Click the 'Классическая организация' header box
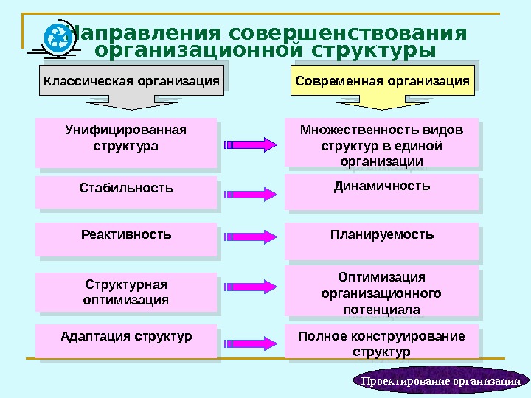pos(132,80)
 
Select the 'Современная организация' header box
pos(382,80)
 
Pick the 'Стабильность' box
pos(126,192)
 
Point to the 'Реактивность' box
pos(126,239)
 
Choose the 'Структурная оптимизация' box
pos(126,293)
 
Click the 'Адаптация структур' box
pos(126,341)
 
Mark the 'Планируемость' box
pos(381,240)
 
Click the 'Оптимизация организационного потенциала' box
pos(381,293)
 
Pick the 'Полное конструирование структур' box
pos(381,342)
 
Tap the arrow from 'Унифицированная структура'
pos(251,144)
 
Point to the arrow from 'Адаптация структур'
pos(251,343)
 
